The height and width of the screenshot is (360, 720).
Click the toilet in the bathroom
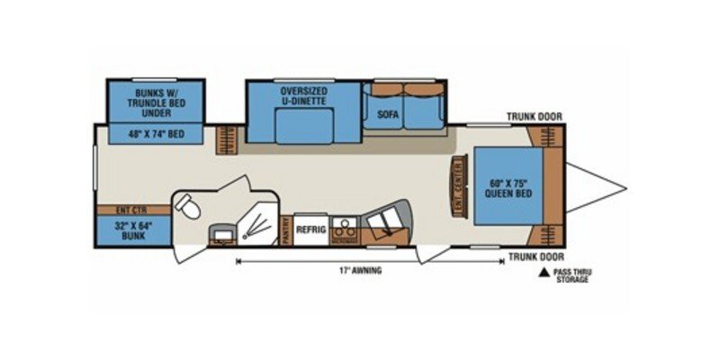click(187, 208)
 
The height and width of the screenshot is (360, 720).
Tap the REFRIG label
click(310, 229)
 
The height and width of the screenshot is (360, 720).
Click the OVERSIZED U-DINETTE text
click(303, 98)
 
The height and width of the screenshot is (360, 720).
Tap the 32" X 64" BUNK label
click(134, 230)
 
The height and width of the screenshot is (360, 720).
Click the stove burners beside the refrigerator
click(342, 222)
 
